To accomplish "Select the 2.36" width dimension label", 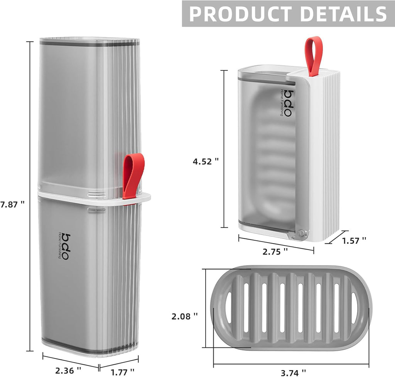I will coord(68,370).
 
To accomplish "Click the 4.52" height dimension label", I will coord(206,162).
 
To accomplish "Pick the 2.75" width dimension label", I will coord(275,251).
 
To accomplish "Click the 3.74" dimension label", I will coord(293,372).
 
